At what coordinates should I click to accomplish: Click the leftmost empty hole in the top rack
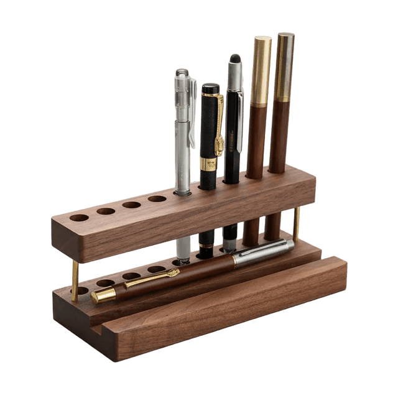79,218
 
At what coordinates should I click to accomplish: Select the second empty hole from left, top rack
106,211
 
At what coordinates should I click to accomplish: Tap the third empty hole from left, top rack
131,205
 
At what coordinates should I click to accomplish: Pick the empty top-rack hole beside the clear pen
157,199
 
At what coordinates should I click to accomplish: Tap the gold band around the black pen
208,164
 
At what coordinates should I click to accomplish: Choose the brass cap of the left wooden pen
261,68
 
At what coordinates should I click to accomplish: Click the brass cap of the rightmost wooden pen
285,65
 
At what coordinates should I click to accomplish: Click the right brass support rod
297,223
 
